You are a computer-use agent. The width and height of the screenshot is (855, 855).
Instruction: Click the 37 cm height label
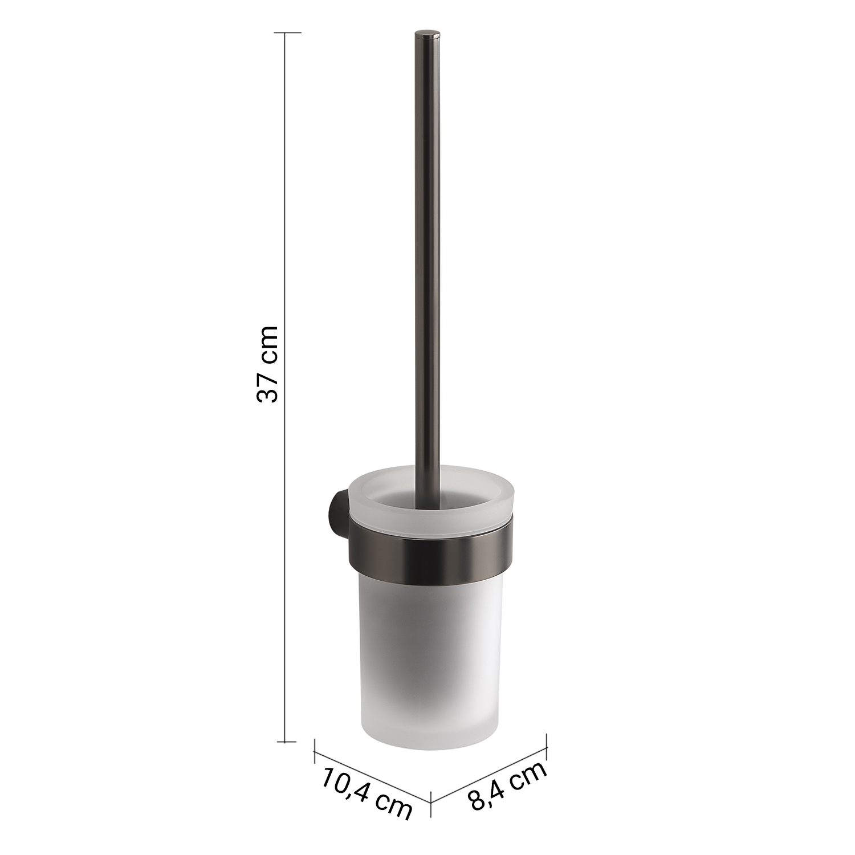[x=267, y=364]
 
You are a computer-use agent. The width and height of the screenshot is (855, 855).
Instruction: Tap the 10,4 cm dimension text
[x=367, y=793]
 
